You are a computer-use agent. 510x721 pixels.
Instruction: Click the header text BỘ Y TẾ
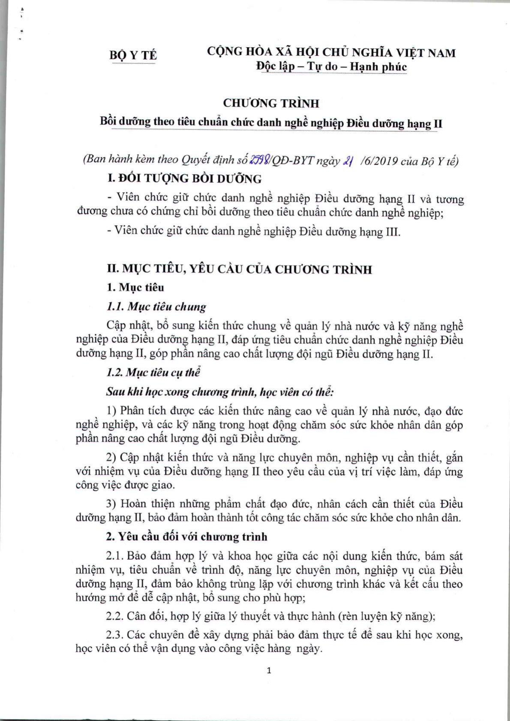tap(133, 55)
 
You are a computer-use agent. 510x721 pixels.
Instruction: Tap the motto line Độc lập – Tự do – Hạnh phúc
tap(331, 67)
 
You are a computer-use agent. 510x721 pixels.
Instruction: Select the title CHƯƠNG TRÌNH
tap(271, 103)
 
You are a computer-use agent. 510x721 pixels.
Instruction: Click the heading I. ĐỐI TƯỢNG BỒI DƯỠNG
tap(184, 179)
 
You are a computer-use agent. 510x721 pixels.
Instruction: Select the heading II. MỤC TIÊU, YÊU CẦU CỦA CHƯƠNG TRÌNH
tap(239, 270)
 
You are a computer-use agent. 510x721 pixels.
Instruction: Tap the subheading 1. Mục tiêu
tap(135, 287)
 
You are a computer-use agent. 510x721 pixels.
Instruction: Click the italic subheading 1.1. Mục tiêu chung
tap(156, 306)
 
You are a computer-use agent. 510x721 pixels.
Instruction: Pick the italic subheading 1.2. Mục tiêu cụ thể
tap(153, 372)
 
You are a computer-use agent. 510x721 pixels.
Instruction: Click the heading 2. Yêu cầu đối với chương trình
tap(186, 536)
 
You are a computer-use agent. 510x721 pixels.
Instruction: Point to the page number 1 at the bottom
tap(269, 670)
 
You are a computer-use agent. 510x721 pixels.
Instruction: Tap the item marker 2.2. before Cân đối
tap(115, 616)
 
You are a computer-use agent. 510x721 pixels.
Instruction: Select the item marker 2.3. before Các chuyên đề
tap(115, 634)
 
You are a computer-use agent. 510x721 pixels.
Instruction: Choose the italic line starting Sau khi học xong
tap(220, 391)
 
